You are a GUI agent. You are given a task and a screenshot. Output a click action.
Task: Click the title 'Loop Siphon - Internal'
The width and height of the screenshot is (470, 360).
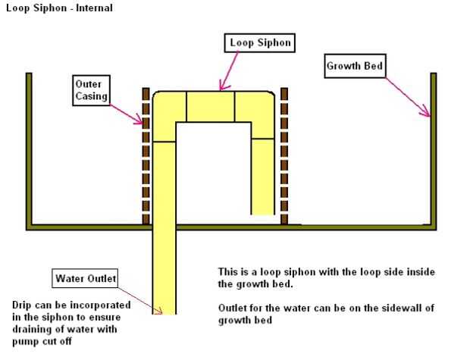(x=58, y=8)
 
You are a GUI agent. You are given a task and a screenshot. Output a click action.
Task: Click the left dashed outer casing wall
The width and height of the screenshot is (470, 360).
(x=146, y=155)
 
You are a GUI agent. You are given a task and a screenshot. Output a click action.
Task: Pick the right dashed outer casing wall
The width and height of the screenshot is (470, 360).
(x=284, y=155)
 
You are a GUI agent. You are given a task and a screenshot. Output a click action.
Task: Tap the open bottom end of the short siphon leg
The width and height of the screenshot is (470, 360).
(x=262, y=213)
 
